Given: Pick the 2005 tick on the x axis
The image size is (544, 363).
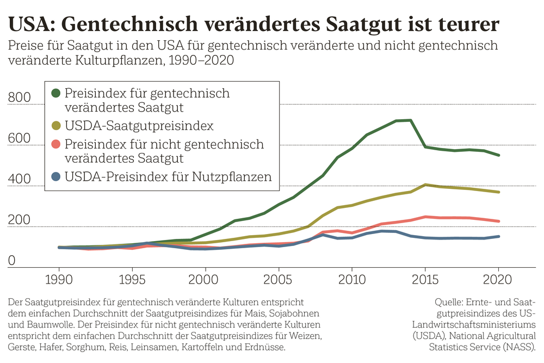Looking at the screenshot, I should click(279, 280).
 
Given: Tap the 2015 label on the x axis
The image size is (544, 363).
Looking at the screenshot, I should click(425, 280).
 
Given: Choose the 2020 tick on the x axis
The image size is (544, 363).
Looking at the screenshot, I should click(498, 280).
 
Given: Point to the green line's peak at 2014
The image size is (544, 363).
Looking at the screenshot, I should click(410, 120).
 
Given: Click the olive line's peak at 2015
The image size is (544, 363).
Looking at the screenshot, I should click(425, 185).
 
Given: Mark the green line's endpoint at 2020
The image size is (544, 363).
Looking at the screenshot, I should click(498, 155).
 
